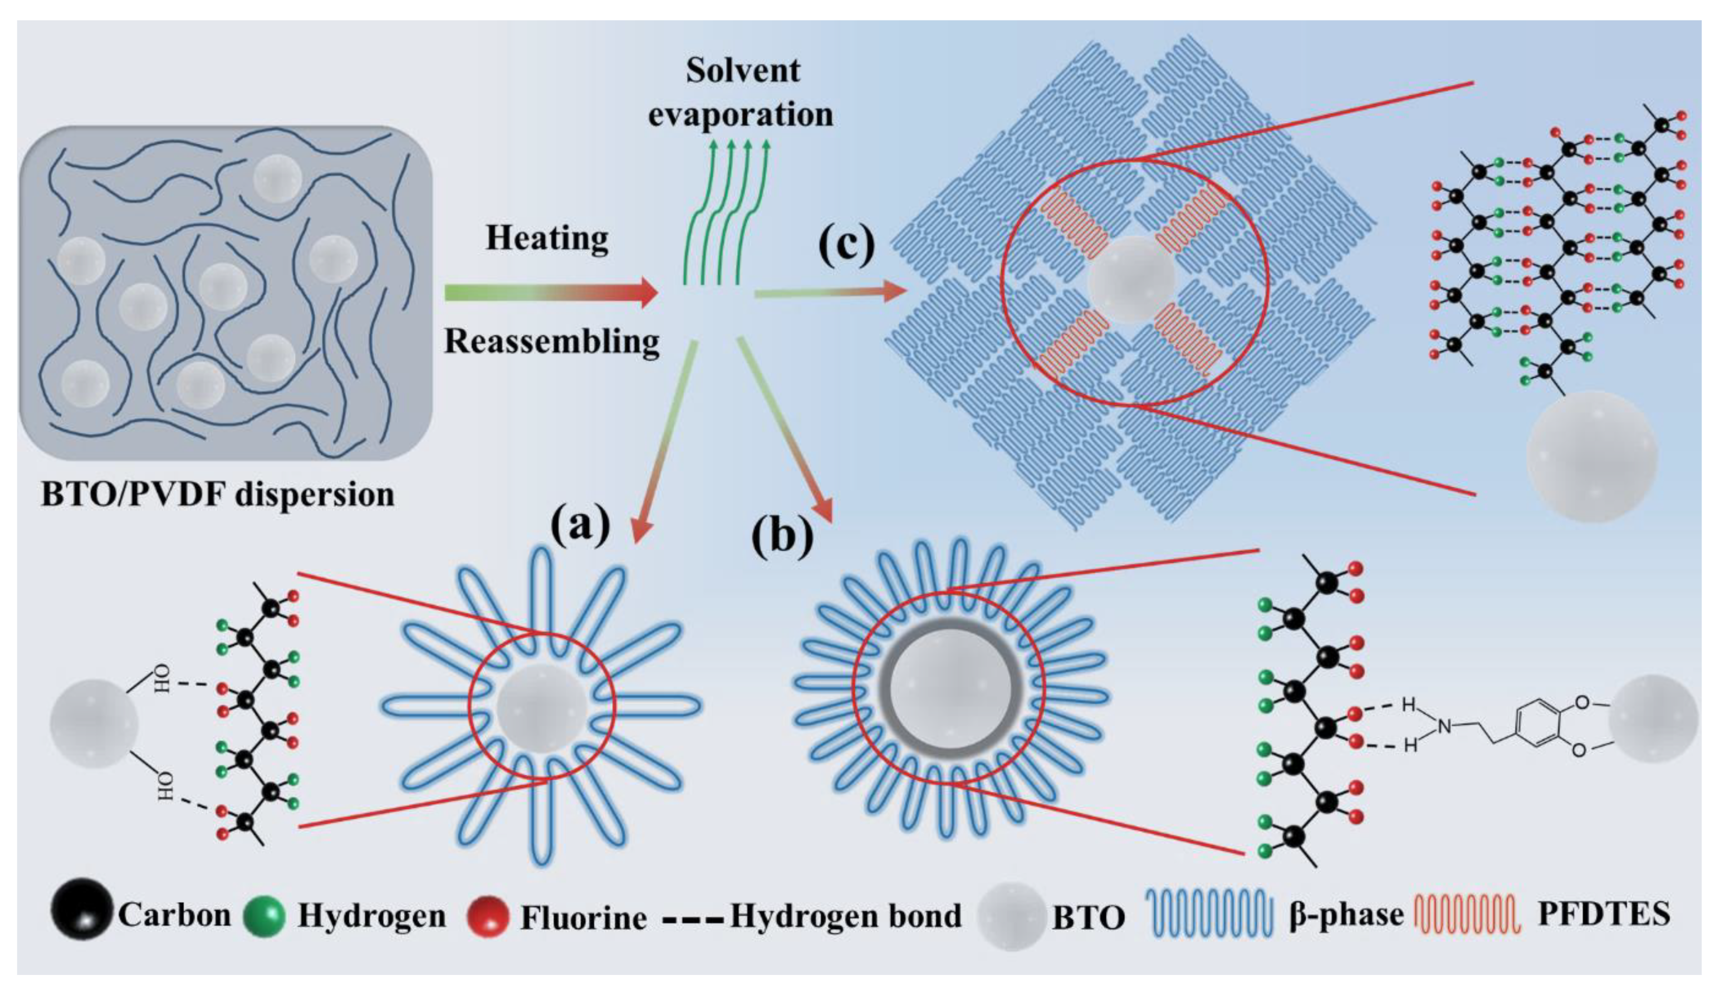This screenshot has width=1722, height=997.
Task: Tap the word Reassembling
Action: click(552, 341)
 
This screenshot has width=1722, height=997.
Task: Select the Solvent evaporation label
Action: click(741, 92)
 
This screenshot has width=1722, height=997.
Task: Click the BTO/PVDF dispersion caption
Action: click(217, 494)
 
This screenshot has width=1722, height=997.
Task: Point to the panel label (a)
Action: click(580, 526)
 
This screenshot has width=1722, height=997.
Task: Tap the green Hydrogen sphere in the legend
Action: click(265, 915)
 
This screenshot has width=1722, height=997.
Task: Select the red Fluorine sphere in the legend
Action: click(488, 915)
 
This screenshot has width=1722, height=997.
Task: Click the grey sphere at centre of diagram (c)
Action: click(1130, 279)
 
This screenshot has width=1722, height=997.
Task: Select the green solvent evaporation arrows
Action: click(726, 212)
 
